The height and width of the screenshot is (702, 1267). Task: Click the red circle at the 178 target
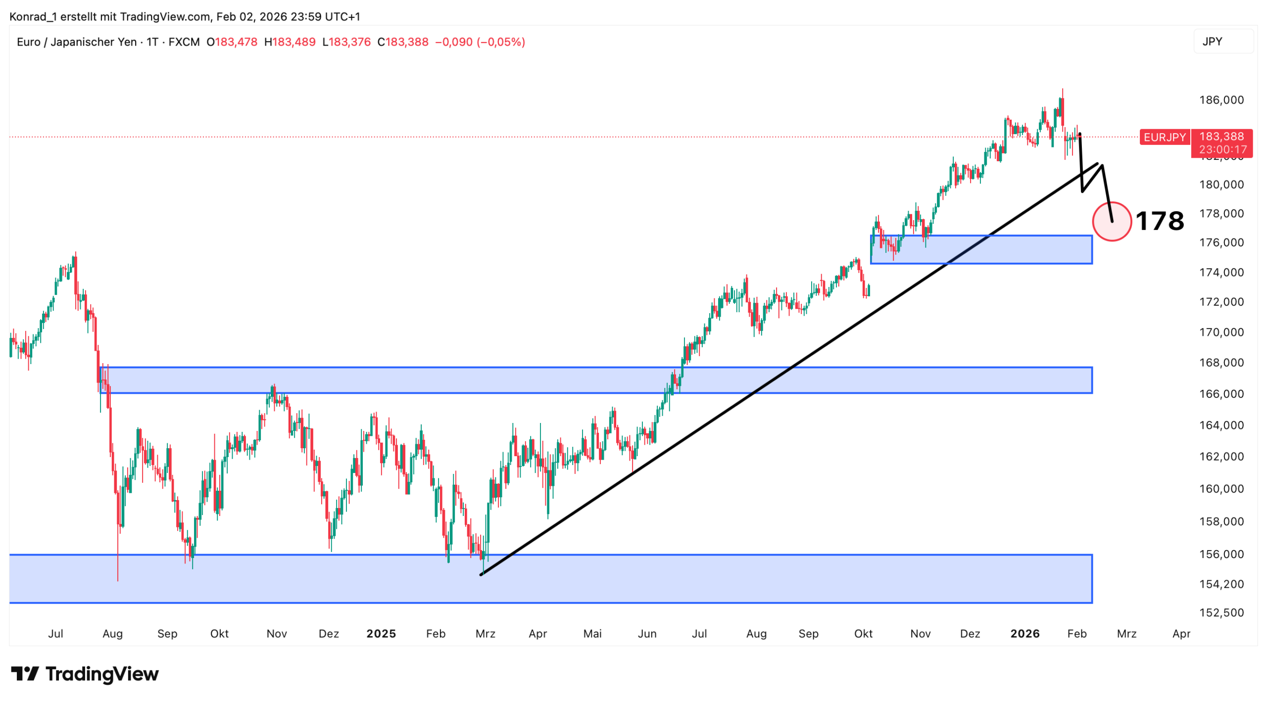pos(1111,222)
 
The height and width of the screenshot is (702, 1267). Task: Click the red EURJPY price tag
pos(1164,137)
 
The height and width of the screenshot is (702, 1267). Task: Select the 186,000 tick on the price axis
pos(1221,100)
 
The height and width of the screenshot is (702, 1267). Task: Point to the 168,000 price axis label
pos(1221,363)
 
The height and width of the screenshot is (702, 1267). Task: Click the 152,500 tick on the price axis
pos(1221,612)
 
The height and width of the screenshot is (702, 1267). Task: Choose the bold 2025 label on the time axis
pos(381,634)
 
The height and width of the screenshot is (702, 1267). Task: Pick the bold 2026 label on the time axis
pos(1024,634)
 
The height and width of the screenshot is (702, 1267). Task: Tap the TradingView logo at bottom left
pos(85,674)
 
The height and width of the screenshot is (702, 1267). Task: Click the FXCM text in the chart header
pos(184,42)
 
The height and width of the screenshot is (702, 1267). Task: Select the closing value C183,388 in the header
pos(402,42)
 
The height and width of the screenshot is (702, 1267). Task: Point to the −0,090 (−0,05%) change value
pos(480,42)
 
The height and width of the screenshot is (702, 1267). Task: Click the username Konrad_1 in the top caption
pos(33,17)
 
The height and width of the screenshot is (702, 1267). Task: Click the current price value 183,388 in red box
pos(1221,137)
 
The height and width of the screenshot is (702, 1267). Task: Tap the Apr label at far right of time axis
pos(1181,634)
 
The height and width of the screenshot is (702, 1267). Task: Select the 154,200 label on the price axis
pos(1221,584)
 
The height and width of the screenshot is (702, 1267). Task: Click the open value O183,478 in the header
pos(232,42)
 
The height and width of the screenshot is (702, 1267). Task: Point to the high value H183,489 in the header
pos(290,42)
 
